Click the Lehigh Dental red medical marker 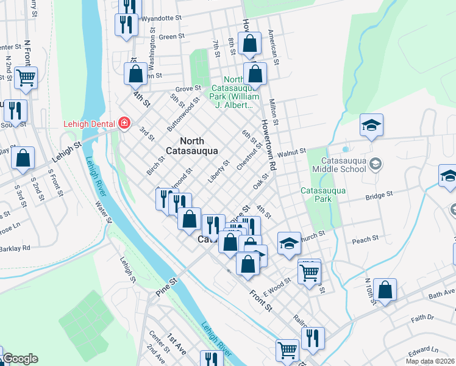click(x=124, y=124)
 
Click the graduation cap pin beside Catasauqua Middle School click(x=371, y=125)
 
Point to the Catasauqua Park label click(x=323, y=195)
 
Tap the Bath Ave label click(x=441, y=295)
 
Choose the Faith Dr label click(x=422, y=317)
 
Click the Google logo click(x=20, y=359)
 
